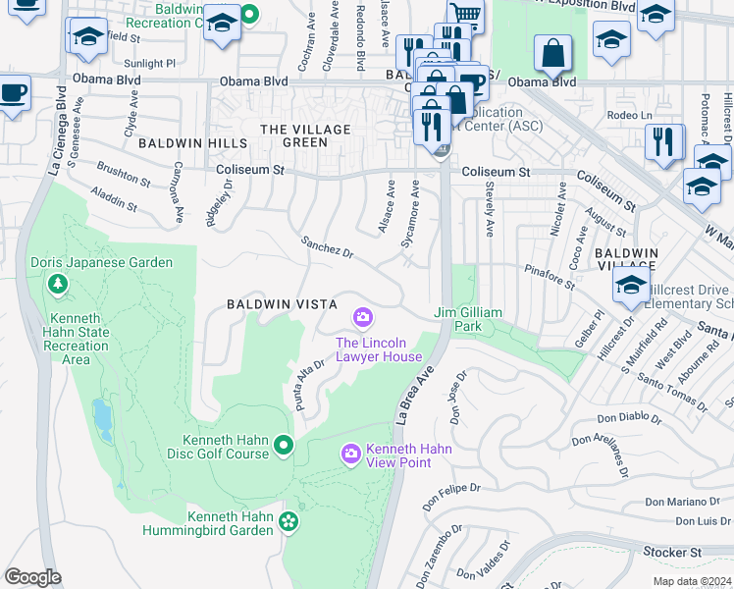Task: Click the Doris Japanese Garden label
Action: click(102, 262)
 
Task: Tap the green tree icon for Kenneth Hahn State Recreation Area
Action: click(58, 285)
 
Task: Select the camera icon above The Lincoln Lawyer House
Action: click(363, 317)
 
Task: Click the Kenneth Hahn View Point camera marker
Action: click(350, 453)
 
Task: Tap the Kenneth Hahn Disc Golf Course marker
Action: click(284, 447)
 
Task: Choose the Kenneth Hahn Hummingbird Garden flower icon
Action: click(288, 520)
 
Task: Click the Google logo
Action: click(32, 576)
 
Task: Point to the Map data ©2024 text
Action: click(691, 581)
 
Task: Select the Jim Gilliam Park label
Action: click(469, 312)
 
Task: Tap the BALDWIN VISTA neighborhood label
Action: click(283, 304)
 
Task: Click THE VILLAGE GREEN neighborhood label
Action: click(305, 135)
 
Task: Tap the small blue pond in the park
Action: click(101, 419)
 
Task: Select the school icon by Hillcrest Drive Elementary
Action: click(629, 287)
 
